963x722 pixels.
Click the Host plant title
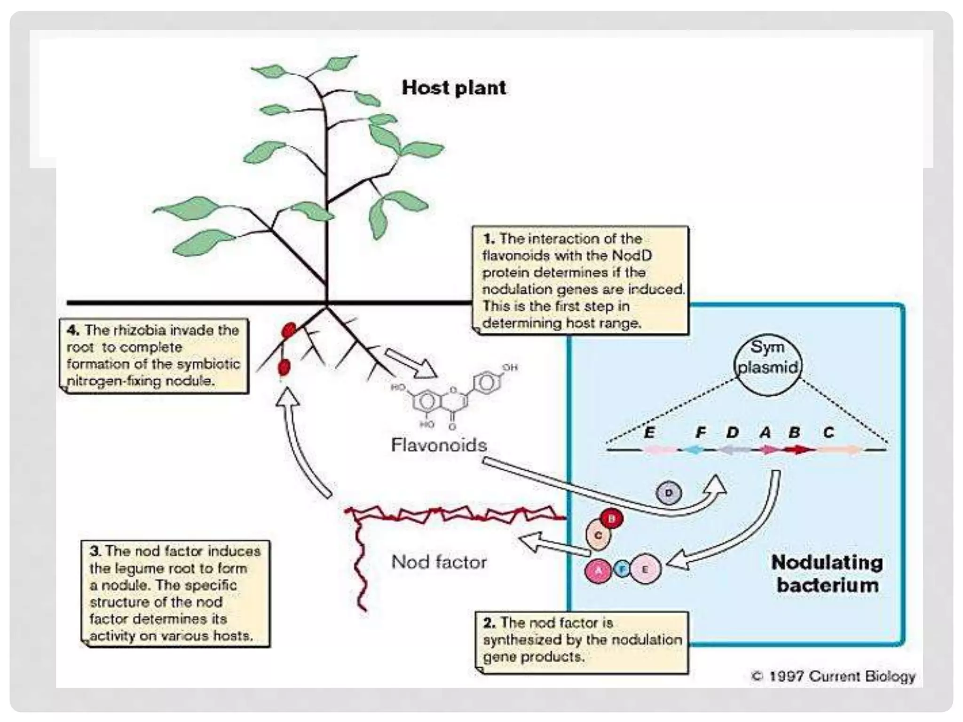tap(454, 88)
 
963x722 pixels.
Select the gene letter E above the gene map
tap(649, 432)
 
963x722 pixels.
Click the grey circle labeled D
tap(668, 493)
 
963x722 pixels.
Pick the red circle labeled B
tap(612, 519)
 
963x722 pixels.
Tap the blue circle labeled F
tap(623, 569)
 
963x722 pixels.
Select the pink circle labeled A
tap(598, 570)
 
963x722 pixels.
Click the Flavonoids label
tap(438, 445)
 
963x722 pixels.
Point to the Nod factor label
tap(439, 562)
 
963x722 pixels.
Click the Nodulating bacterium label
tap(827, 574)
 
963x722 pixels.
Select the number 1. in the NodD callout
tap(489, 239)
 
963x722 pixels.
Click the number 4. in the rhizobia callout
tap(72, 330)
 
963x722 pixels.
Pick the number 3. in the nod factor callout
tap(95, 551)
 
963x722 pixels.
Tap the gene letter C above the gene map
tap(829, 432)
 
